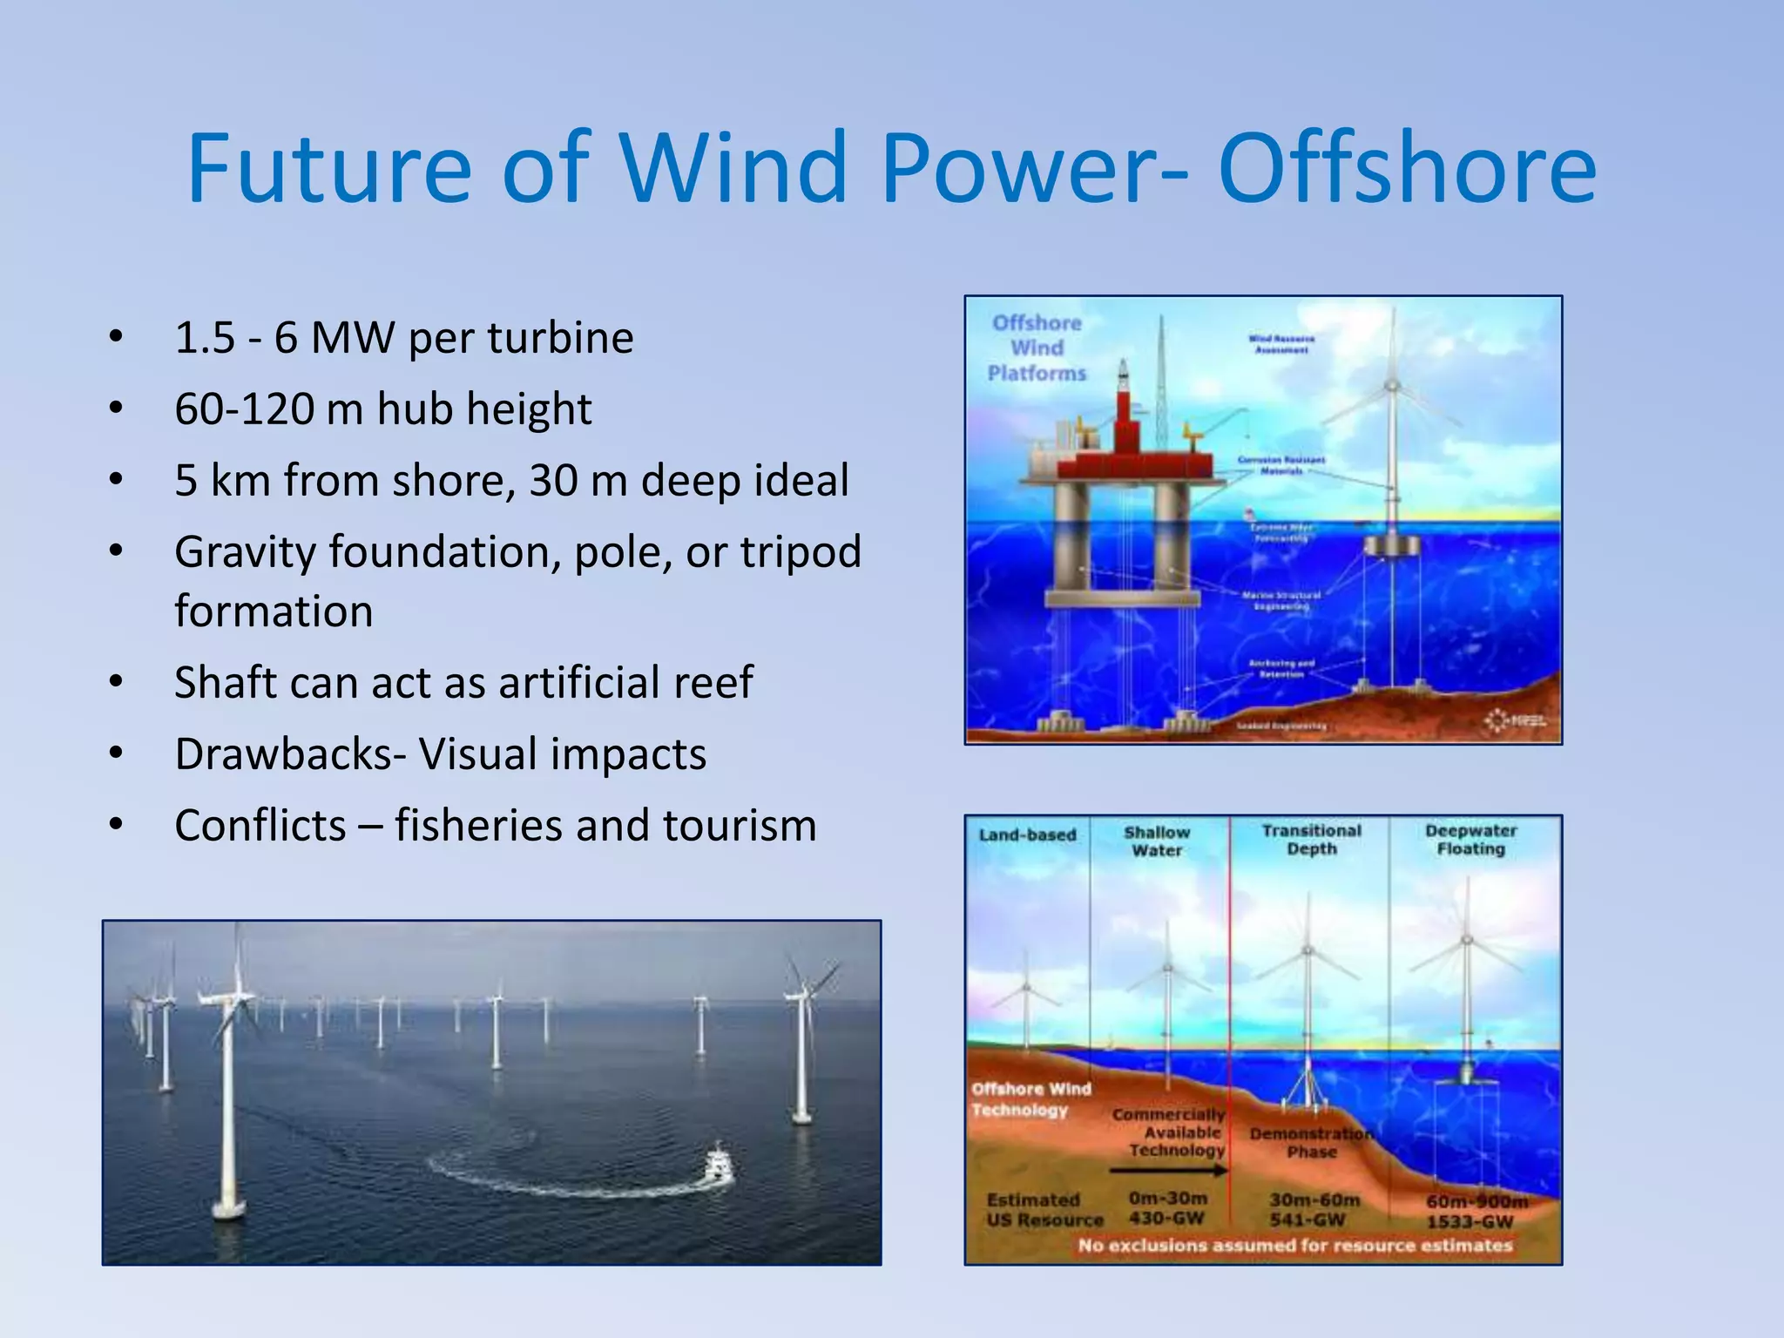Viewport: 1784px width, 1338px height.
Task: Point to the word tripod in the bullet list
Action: [801, 552]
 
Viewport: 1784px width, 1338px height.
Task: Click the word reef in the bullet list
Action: [711, 682]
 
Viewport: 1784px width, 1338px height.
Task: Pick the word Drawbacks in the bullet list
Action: [283, 754]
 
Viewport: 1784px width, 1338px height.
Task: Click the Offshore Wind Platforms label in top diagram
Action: [1037, 348]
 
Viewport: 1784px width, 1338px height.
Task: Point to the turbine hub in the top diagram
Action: [1392, 385]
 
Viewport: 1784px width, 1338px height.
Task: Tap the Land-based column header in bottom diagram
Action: [1027, 835]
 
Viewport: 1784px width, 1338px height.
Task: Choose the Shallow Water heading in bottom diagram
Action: [1157, 841]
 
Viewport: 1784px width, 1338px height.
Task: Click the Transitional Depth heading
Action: [1311, 840]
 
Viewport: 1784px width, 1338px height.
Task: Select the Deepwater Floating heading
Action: [1470, 840]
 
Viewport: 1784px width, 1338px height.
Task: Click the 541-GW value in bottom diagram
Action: [1308, 1220]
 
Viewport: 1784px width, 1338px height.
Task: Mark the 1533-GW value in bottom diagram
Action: [1470, 1222]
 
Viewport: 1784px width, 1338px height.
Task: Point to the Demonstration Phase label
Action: [1311, 1143]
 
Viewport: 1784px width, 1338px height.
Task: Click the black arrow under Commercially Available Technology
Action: [1167, 1172]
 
